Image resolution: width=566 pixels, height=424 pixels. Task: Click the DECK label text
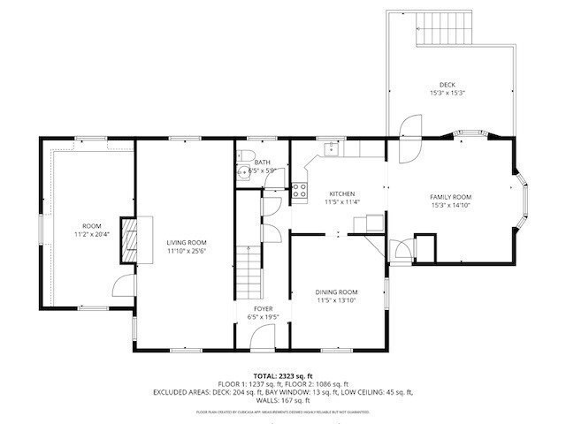click(447, 85)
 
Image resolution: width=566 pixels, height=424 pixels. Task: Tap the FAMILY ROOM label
click(450, 197)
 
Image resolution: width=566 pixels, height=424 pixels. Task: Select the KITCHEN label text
click(342, 193)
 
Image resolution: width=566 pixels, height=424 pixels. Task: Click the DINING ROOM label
click(337, 291)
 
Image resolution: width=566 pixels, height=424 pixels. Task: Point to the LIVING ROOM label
click(187, 242)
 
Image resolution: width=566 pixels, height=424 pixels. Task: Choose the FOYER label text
click(262, 308)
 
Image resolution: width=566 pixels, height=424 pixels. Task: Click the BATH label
click(262, 162)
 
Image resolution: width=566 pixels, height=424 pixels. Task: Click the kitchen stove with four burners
click(300, 187)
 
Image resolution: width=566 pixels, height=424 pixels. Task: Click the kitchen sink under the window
click(330, 149)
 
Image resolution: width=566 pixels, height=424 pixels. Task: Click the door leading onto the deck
click(409, 131)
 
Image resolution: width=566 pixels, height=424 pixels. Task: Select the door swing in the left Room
click(125, 286)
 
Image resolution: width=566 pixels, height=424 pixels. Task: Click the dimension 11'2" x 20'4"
click(92, 235)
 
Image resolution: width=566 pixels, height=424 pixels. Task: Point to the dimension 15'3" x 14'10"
click(450, 206)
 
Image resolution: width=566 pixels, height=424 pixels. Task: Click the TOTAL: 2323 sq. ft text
click(283, 376)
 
